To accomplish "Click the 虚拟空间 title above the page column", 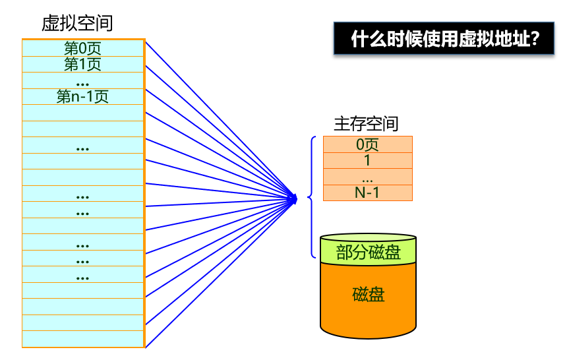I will tap(77, 24).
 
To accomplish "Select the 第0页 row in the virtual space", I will tap(82, 48).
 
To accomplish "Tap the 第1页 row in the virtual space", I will tap(82, 64).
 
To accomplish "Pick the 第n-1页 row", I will tap(82, 97).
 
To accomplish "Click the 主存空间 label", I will tap(367, 123).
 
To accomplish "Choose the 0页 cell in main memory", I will tap(367, 144).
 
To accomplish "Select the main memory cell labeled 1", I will tap(367, 160).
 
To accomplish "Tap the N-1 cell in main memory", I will tap(367, 193).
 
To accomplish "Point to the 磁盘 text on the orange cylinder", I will tap(368, 294).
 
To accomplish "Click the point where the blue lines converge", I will tap(295, 196).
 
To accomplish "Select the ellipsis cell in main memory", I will tap(367, 177).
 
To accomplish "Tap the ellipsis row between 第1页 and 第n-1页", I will tap(82, 81).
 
